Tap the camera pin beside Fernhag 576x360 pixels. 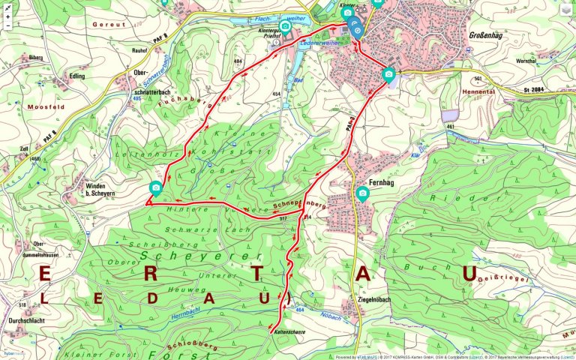click(363, 193)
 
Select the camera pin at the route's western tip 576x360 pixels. click(156, 187)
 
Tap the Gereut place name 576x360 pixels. click(107, 24)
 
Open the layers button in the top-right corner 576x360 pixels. click(565, 10)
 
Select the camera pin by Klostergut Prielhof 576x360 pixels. click(285, 27)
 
